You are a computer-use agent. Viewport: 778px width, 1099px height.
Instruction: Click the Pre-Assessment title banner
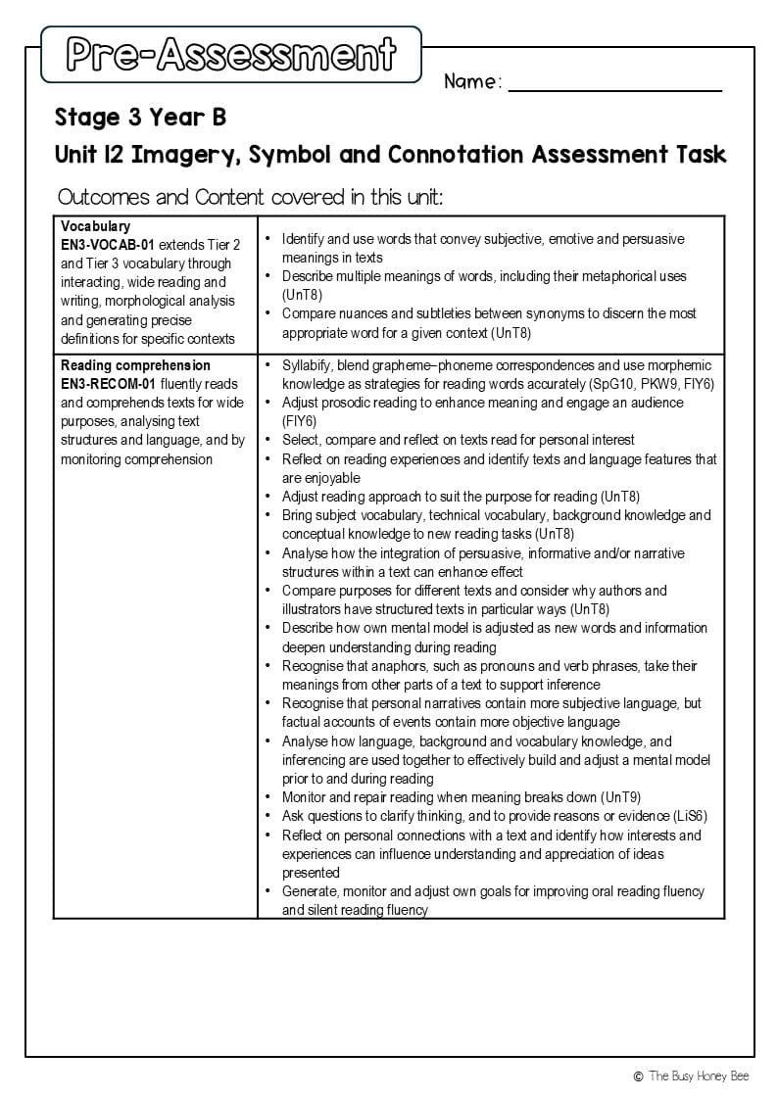click(x=231, y=54)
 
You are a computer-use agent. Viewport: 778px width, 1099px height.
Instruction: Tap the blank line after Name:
click(x=614, y=88)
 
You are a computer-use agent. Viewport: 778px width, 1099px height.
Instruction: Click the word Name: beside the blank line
click(x=472, y=82)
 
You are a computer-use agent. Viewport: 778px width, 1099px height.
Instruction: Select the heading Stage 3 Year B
click(x=140, y=118)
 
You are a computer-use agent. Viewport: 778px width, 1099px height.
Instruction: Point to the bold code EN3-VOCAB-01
click(x=107, y=245)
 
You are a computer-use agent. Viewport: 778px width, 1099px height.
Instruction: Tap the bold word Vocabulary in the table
click(x=95, y=226)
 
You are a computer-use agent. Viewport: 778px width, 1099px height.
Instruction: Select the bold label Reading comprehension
click(x=135, y=365)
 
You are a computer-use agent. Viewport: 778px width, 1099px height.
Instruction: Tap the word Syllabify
click(x=309, y=364)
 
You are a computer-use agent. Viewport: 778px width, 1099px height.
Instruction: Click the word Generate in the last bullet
click(x=311, y=891)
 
